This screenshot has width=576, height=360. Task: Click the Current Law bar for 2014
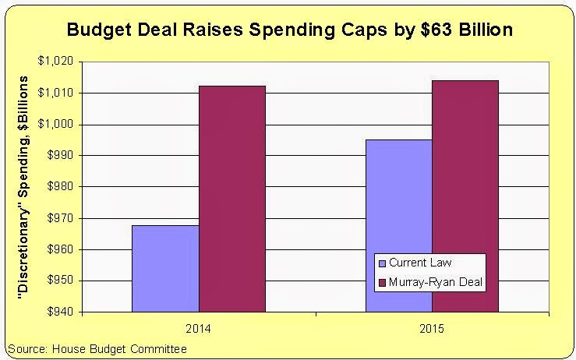pos(165,268)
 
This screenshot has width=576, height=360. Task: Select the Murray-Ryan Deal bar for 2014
pos(232,199)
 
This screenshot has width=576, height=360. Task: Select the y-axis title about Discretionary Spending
pos(24,187)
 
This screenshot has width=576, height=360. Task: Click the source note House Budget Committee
pos(97,348)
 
